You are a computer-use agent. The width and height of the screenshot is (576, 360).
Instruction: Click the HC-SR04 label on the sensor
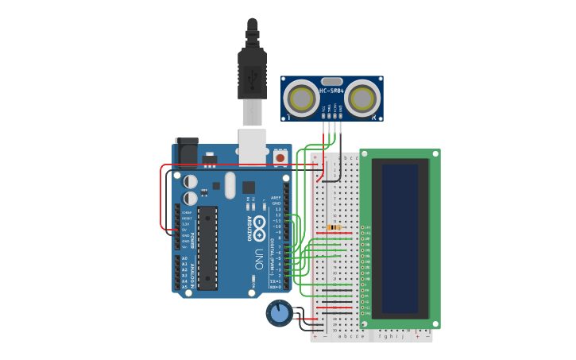331,90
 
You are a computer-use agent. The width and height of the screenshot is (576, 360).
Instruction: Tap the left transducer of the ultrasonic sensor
301,99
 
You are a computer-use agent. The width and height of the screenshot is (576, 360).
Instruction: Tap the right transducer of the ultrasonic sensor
362,99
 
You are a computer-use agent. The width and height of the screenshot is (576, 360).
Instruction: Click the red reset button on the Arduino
280,158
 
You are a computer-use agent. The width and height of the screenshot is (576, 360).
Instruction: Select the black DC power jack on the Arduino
187,151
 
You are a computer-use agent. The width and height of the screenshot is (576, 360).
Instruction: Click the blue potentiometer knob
279,313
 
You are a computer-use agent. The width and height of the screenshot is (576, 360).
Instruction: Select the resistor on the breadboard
335,227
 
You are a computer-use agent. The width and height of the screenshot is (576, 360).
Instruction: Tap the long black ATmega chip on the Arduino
207,247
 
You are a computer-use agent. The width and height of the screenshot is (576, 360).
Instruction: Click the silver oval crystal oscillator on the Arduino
230,185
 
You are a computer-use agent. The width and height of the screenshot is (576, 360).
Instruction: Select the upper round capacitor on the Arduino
191,181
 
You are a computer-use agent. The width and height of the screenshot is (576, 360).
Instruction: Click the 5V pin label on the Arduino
186,230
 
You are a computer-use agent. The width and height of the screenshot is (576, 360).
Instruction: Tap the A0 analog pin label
185,258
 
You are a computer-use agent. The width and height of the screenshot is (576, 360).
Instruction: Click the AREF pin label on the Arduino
276,197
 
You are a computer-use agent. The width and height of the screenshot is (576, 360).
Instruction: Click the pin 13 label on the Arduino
277,215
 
